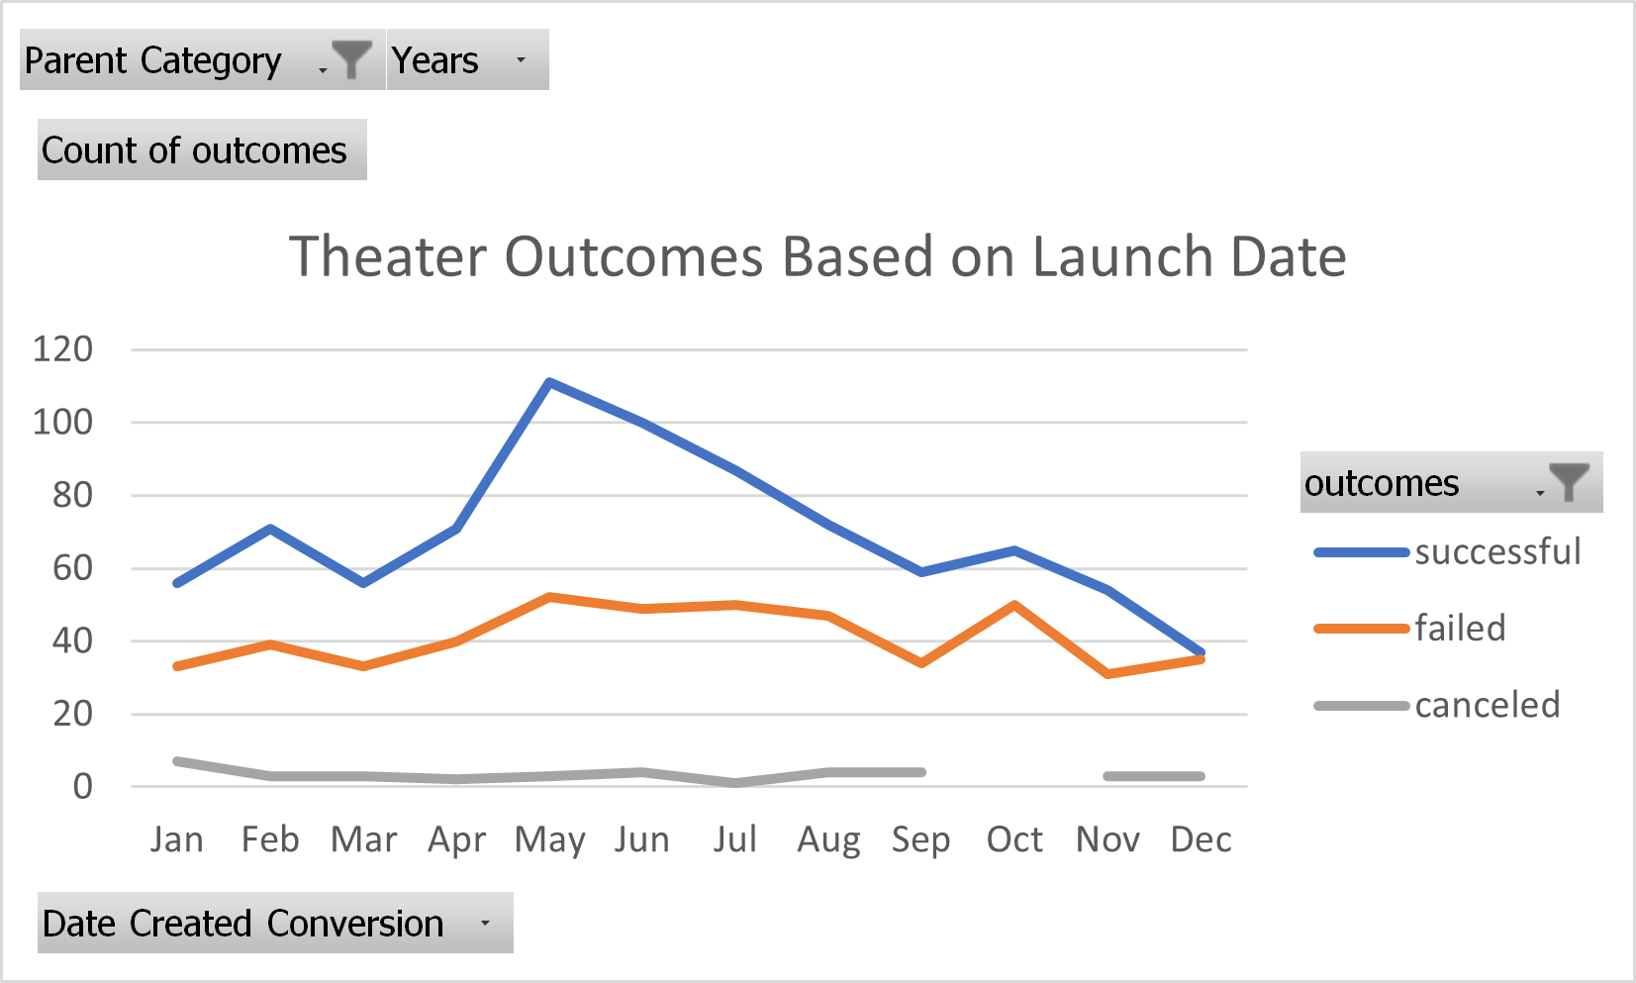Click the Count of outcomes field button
pyautogui.click(x=202, y=150)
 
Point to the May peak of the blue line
pyautogui.click(x=549, y=382)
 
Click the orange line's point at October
pyautogui.click(x=1015, y=604)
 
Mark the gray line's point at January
pyautogui.click(x=177, y=761)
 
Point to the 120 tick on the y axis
pyautogui.click(x=62, y=349)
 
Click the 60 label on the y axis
pyautogui.click(x=71, y=568)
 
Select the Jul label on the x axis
pyautogui.click(x=735, y=839)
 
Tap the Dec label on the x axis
pyautogui.click(x=1201, y=839)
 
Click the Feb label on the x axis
pyautogui.click(x=270, y=839)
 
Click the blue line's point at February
pyautogui.click(x=270, y=529)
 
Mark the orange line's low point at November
pyautogui.click(x=1108, y=673)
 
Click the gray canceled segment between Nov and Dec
pyautogui.click(x=1154, y=776)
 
